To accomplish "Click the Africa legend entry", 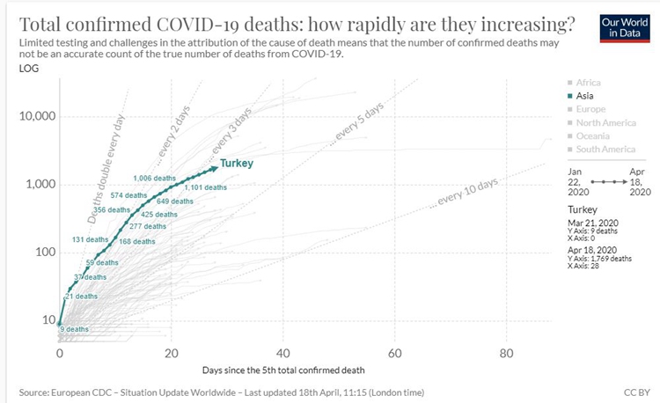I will [586, 83].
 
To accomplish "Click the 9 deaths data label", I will [73, 329].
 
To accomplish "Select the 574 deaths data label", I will [128, 194].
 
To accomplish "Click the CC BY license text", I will [633, 391].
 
